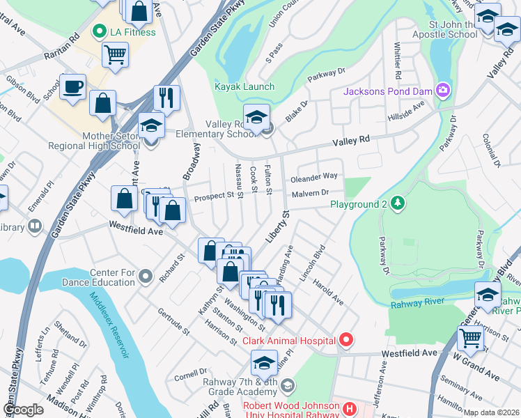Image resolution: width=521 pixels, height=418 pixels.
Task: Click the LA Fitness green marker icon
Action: click(x=99, y=31)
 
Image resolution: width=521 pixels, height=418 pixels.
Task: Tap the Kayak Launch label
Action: click(x=244, y=87)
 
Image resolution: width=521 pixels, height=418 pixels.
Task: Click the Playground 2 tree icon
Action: click(x=397, y=203)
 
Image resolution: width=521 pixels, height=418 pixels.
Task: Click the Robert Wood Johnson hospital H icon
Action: click(x=350, y=408)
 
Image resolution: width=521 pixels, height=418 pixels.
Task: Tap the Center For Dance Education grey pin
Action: click(x=145, y=277)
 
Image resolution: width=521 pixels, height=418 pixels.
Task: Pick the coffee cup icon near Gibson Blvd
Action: click(x=72, y=88)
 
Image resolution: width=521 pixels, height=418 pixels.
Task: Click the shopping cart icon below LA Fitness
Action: click(x=115, y=54)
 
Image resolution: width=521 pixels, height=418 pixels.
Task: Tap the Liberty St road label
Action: click(x=277, y=226)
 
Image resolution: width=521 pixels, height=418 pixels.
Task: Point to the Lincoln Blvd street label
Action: click(x=312, y=263)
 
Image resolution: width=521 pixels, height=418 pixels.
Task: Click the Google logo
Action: click(x=23, y=410)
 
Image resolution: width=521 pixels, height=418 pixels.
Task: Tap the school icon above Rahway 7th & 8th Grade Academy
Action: click(x=264, y=364)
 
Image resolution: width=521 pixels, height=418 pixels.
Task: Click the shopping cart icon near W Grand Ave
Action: click(x=471, y=339)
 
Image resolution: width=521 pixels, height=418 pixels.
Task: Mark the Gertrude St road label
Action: click(x=173, y=320)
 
